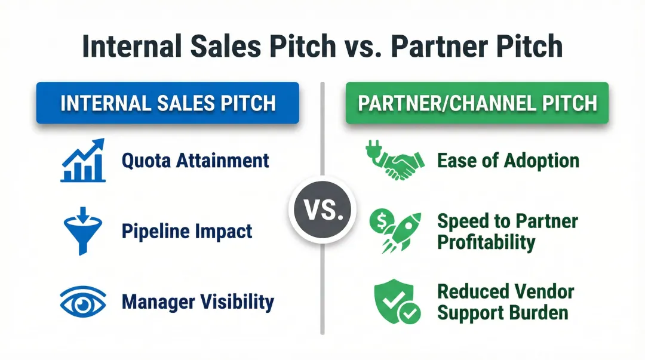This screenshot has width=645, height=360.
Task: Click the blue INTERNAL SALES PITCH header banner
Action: tap(168, 103)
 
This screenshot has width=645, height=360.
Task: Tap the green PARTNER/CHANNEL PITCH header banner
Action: tap(477, 103)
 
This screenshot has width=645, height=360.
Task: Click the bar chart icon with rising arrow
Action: tap(82, 160)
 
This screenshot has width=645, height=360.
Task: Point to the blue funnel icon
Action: tap(82, 230)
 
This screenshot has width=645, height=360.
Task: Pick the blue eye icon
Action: tap(83, 301)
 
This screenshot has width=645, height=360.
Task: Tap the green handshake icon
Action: tap(395, 161)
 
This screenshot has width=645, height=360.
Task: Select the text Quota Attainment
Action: tap(195, 161)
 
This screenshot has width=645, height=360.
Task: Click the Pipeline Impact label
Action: tap(187, 231)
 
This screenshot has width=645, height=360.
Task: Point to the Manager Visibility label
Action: tap(198, 301)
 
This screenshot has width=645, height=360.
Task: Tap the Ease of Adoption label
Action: tap(508, 161)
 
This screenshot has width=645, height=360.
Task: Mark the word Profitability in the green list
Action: tap(486, 243)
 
